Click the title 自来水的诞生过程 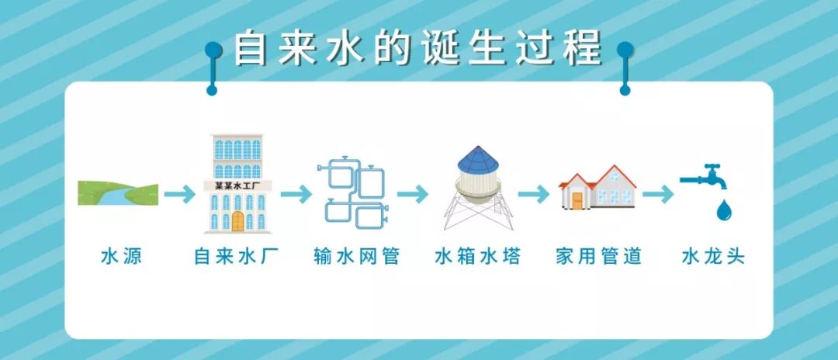pos(418,47)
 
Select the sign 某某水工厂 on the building pos(237,186)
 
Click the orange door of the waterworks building pos(237,221)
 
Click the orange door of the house pos(577,200)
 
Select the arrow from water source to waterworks pos(179,194)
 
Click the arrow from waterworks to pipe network pos(296,194)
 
